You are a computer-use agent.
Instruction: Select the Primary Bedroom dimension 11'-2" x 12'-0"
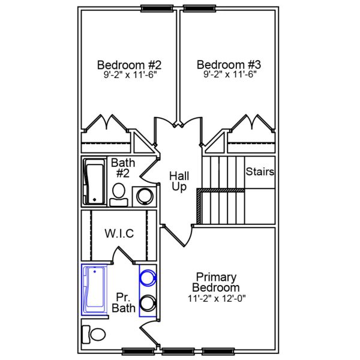click(216, 298)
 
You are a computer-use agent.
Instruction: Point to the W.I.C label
click(119, 233)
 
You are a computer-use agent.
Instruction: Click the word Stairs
click(260, 172)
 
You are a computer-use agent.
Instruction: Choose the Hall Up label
click(179, 181)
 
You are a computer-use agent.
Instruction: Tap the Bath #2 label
click(123, 168)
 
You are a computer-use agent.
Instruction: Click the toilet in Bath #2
click(119, 194)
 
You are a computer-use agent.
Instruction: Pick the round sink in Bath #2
click(145, 196)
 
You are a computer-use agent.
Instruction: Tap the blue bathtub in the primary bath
click(95, 290)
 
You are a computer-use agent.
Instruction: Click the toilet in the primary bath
click(94, 333)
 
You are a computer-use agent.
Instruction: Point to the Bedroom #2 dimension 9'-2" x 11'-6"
click(129, 76)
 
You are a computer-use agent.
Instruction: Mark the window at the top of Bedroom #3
click(200, 8)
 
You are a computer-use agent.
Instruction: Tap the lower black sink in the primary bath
click(147, 303)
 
